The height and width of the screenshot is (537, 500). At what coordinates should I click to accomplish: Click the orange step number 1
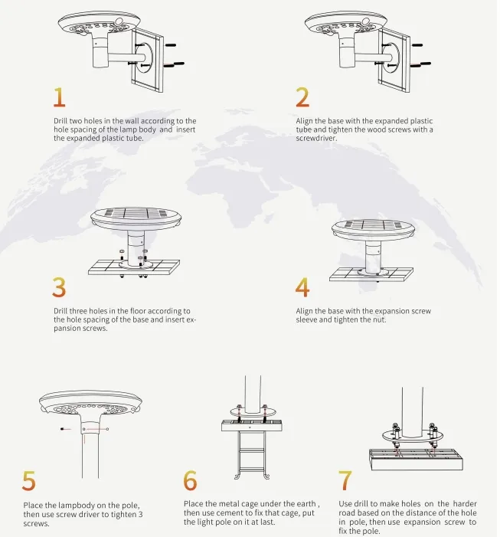coord(59,97)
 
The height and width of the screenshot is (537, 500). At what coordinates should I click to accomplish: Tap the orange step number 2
coord(302,97)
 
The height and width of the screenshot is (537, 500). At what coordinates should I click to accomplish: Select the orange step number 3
coord(59,287)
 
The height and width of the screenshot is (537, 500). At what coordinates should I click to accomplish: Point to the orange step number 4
coord(302,287)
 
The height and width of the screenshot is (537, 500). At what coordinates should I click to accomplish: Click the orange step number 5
coord(28,480)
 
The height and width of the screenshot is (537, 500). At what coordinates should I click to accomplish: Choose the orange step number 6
coord(191,480)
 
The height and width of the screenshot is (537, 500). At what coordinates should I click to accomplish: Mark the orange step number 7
coord(345,480)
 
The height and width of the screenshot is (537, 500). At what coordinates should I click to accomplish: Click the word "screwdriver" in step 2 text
coord(315,138)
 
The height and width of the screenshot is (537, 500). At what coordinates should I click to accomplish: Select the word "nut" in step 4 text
coord(378,319)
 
